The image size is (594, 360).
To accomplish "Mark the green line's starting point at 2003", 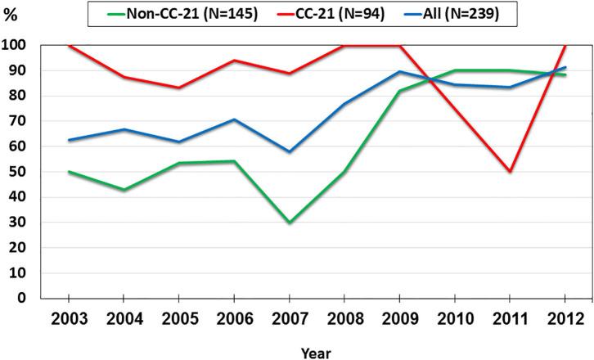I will pos(69,172).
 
